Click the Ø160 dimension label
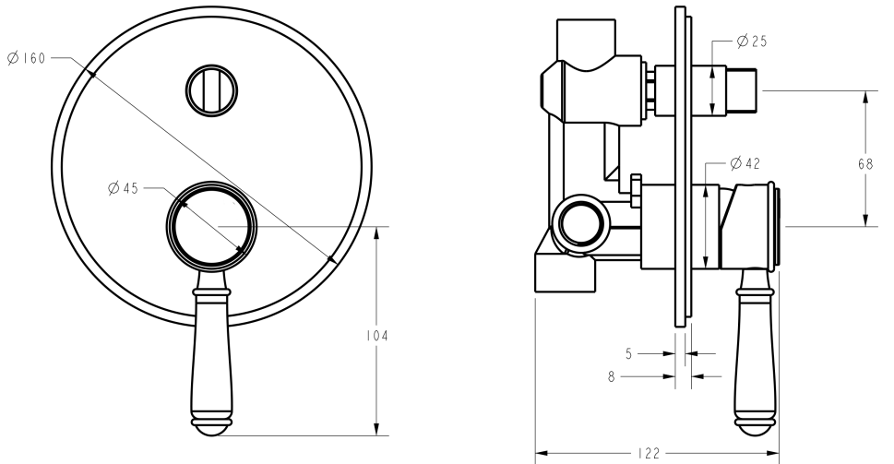[26, 57]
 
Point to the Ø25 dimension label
[753, 42]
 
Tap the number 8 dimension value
[612, 375]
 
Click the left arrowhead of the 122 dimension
[540, 453]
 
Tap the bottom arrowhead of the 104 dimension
[375, 431]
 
